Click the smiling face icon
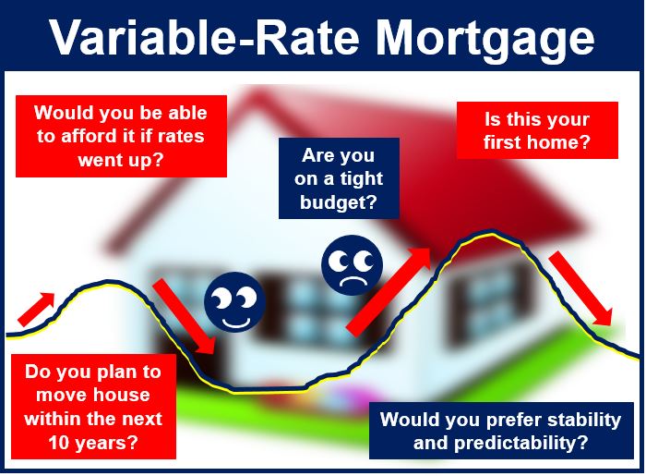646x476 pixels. coord(234,302)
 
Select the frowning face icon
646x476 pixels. coord(353,265)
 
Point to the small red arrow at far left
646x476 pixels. coord(35,309)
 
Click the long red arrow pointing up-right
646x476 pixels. coord(389,290)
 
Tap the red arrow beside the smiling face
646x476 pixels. coord(185,316)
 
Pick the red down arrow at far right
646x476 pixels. coord(580,289)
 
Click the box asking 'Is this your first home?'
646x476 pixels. coord(537,130)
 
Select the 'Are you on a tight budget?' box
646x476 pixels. coord(339,178)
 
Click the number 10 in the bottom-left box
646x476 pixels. coord(58,443)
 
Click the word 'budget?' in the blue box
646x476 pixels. coord(339,202)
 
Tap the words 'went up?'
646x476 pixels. coord(121,161)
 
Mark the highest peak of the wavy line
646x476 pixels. coord(491,233)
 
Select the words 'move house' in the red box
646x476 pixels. coord(93,396)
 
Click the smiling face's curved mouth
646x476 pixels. coord(236,323)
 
